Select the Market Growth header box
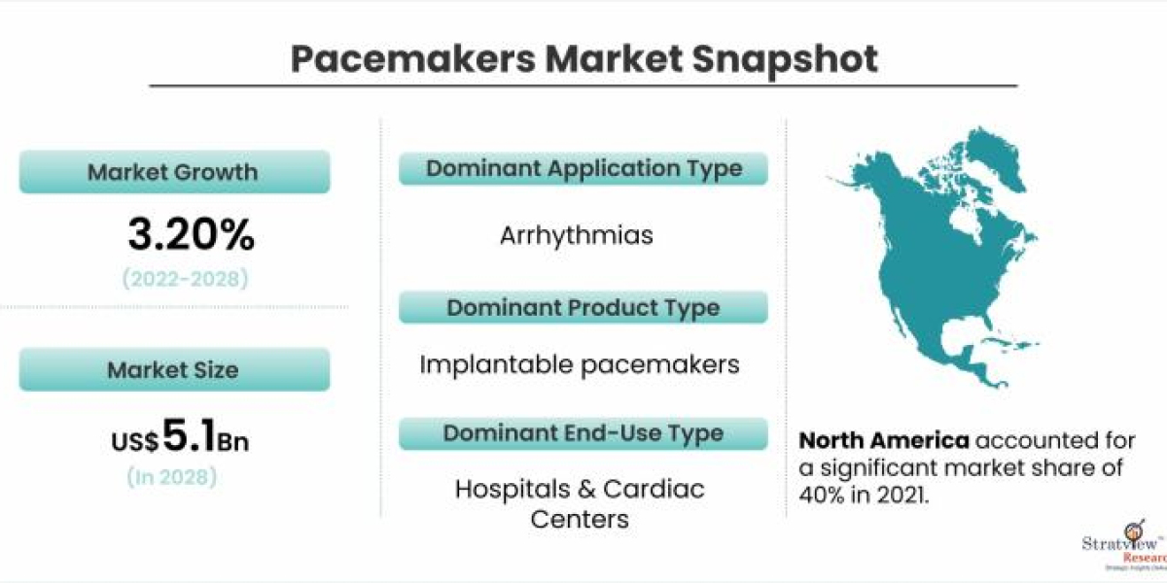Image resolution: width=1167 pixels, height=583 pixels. click(174, 173)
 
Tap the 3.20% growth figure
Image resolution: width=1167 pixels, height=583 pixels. click(191, 234)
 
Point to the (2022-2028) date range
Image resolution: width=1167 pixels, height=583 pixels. click(185, 279)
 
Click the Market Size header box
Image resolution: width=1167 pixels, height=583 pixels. click(174, 370)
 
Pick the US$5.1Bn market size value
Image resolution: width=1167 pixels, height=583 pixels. click(179, 438)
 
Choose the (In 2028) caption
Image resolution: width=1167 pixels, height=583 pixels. click(171, 477)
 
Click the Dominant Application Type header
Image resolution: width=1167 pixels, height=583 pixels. click(583, 168)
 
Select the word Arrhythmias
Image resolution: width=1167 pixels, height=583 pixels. click(577, 236)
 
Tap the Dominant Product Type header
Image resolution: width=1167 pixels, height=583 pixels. click(583, 308)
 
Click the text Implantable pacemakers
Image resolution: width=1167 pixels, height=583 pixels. click(580, 364)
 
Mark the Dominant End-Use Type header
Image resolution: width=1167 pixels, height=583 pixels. click(583, 433)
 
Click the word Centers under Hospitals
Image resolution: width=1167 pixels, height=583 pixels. click(580, 519)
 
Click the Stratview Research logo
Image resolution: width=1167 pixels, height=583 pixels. click(1119, 550)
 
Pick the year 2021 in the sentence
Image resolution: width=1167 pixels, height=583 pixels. click(900, 494)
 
